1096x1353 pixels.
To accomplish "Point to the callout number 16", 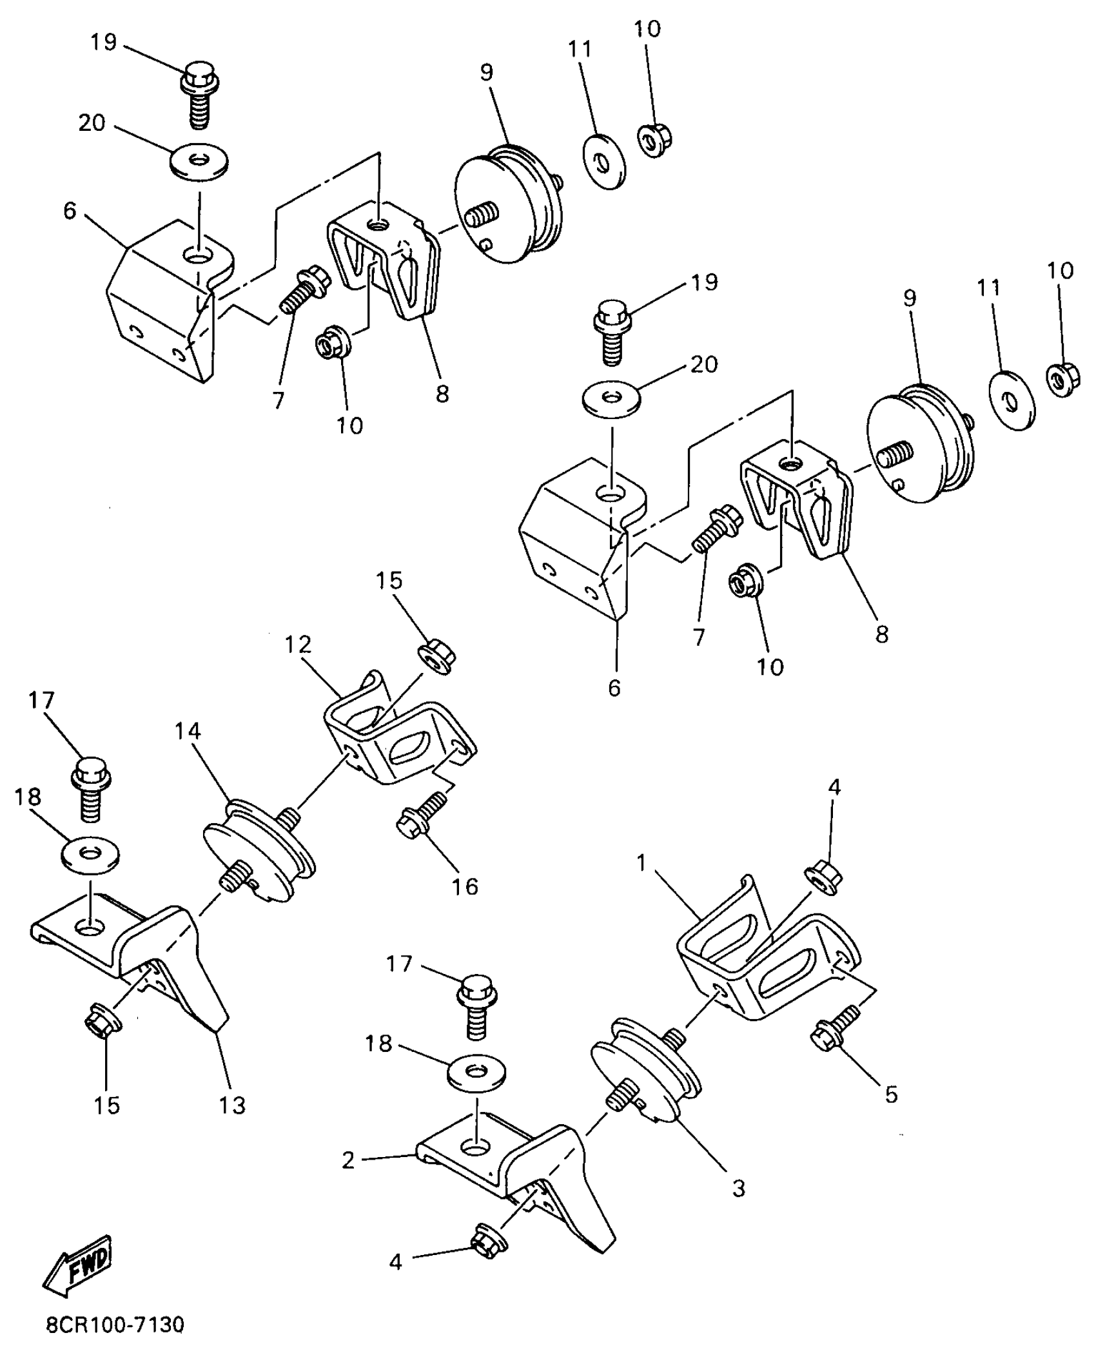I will click(464, 886).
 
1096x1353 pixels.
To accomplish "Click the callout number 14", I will click(187, 731).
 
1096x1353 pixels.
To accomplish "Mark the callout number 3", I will click(739, 1187).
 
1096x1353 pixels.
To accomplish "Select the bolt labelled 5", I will click(835, 1027).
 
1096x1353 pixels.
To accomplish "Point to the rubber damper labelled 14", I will click(258, 848).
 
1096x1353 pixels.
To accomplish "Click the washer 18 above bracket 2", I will click(476, 1073).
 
